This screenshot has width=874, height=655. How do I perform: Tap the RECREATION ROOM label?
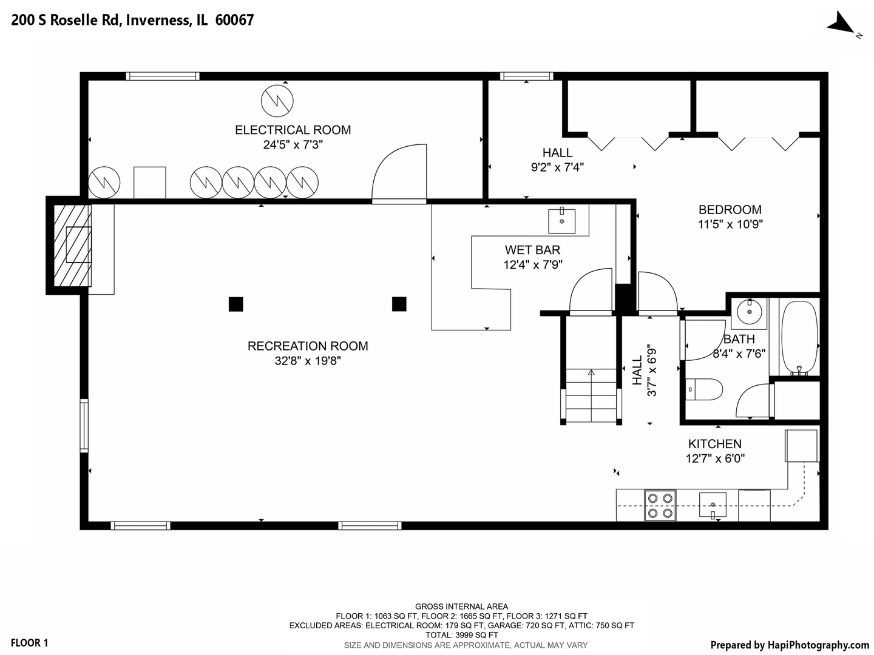[307, 346]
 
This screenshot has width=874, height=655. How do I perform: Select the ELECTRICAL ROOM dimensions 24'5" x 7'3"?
[293, 145]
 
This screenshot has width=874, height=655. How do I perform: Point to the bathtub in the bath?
[799, 338]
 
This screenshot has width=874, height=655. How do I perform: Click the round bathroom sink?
[750, 312]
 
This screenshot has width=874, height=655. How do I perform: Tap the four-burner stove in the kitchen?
[660, 505]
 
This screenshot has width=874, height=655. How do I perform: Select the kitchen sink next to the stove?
[713, 505]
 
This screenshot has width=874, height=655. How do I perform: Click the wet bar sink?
[561, 221]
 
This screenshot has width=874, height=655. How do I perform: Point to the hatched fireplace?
[72, 246]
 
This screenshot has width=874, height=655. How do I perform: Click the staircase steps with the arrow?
[591, 395]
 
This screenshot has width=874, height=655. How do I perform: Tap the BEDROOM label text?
[730, 210]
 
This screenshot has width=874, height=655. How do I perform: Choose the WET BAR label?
[532, 250]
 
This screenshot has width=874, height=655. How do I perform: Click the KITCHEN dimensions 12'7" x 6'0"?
[715, 458]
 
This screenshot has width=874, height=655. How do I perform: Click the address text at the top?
[132, 20]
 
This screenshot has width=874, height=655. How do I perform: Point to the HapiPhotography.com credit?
[790, 645]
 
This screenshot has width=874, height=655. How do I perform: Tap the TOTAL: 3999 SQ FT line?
[461, 635]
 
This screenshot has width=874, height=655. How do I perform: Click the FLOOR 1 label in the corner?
[29, 643]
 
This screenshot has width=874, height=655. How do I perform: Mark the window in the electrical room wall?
[163, 76]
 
